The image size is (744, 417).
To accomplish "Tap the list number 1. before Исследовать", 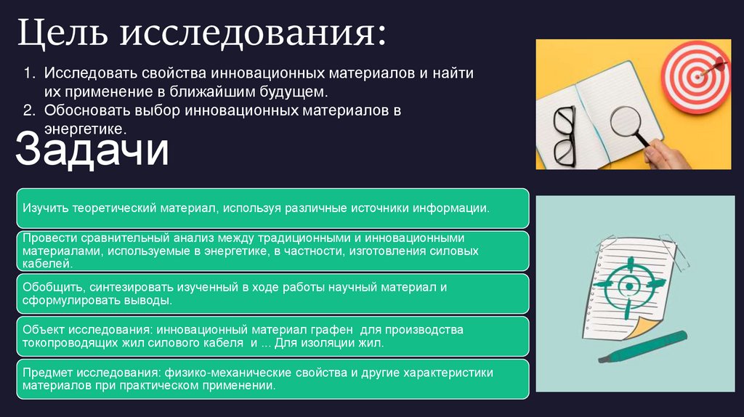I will [x=28, y=74].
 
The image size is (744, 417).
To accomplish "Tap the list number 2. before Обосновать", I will [x=28, y=111].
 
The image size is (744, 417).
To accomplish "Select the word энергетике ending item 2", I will [x=85, y=128].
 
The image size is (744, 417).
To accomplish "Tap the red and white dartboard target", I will [x=696, y=76].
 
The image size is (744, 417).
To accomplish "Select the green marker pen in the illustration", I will [x=642, y=347].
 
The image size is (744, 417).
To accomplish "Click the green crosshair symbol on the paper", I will [x=626, y=285].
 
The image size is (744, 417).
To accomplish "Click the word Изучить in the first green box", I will [x=45, y=208].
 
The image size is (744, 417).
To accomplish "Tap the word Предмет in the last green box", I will [x=46, y=372].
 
